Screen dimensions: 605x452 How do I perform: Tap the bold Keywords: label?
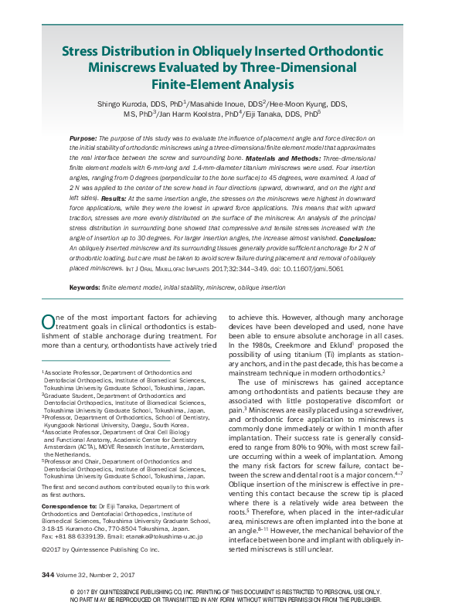pos(84,287)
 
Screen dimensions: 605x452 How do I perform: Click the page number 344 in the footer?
pos(49,575)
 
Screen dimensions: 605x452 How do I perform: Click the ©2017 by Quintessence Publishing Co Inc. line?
pos(100,549)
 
